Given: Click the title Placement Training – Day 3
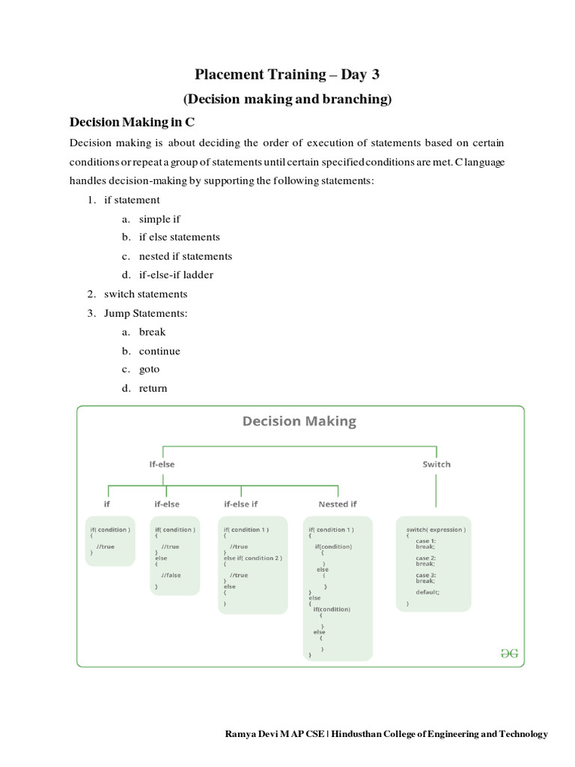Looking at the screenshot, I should click(287, 74).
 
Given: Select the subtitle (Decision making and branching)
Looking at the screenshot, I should click(287, 99).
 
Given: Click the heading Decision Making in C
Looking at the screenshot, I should click(132, 122).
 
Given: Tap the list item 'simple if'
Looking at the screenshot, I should click(159, 219).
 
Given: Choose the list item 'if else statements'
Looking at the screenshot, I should click(179, 237).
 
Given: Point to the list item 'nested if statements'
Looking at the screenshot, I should click(185, 256).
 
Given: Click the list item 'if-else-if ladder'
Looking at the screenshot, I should click(176, 275).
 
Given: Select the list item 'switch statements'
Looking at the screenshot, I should click(145, 294).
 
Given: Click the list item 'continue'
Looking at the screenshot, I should click(159, 351).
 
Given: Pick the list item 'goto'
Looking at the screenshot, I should click(149, 369).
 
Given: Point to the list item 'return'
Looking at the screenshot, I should click(153, 388).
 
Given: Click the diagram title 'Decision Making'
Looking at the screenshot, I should click(299, 422).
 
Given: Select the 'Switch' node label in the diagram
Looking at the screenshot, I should click(436, 464).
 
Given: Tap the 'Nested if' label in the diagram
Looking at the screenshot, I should click(338, 504).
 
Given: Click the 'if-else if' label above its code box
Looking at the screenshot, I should click(241, 504).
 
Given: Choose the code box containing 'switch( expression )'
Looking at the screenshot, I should click(433, 563).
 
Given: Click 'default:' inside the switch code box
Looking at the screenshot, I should click(428, 592).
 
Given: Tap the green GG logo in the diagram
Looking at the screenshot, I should click(509, 653).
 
